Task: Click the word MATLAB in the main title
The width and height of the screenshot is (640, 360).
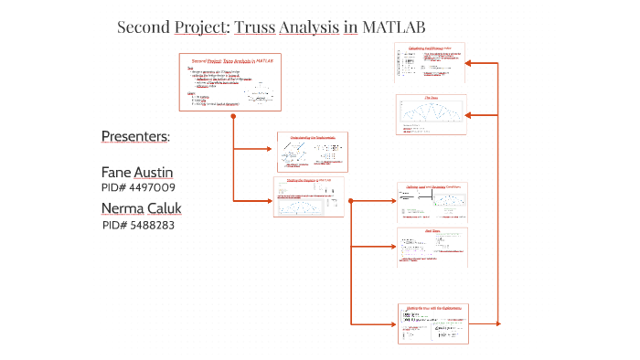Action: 394,27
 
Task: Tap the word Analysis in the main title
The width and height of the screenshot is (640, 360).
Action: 306,27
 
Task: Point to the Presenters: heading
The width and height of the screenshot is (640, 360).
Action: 135,137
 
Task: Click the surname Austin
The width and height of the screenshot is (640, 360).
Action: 154,172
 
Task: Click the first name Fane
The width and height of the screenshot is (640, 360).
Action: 116,172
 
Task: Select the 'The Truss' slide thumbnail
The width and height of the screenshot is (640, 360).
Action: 432,115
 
